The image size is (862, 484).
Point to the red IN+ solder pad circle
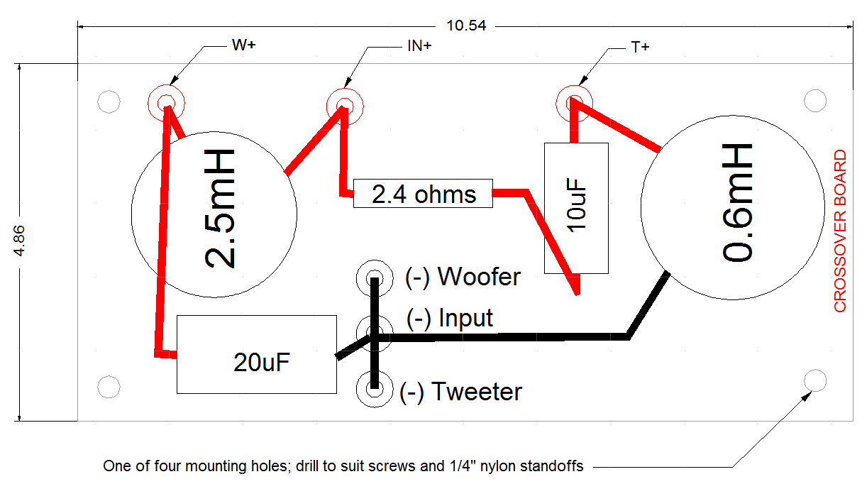tap(345, 104)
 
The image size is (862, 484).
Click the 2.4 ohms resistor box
tap(423, 193)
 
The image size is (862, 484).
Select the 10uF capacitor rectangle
tap(576, 208)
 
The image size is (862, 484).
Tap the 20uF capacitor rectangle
tap(256, 354)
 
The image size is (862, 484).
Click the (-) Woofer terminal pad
tap(374, 276)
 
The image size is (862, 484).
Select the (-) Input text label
tap(449, 318)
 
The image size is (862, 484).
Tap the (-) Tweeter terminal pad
tap(374, 389)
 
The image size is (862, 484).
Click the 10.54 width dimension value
tap(466, 26)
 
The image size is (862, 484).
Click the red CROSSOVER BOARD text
tap(840, 231)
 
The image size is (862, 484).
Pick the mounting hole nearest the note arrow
tap(815, 380)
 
